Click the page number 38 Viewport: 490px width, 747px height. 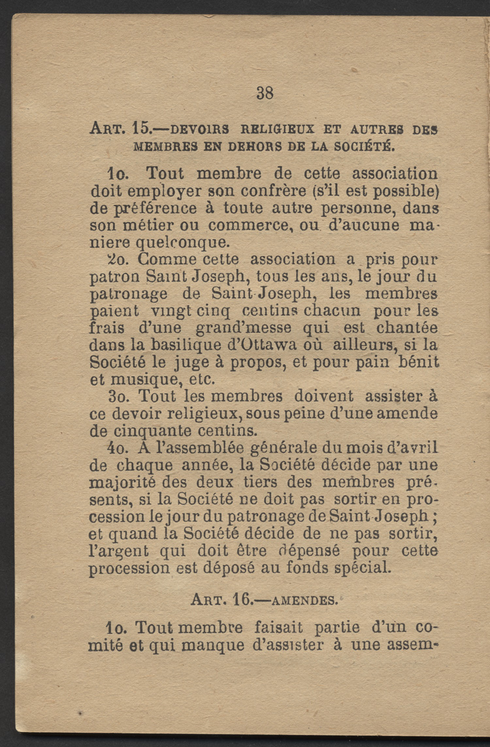tap(265, 93)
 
